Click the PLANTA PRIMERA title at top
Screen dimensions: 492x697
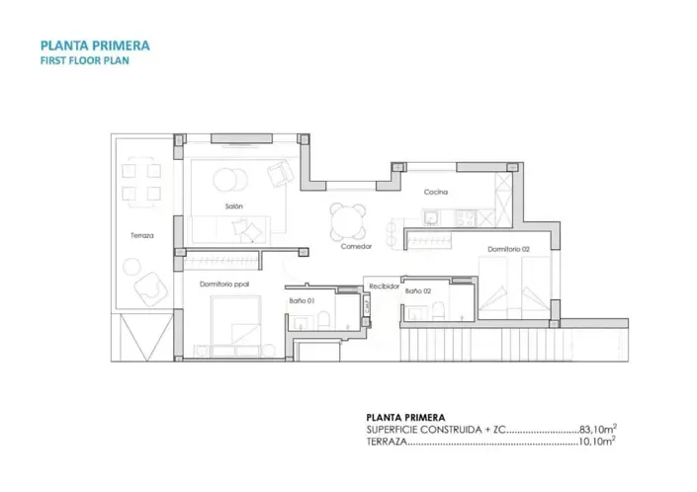(95, 44)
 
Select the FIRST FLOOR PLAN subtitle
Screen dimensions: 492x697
(84, 59)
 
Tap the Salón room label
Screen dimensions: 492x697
(233, 205)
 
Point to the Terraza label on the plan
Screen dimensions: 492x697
(141, 235)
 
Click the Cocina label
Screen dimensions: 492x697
(436, 192)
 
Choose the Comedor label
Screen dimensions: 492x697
(356, 246)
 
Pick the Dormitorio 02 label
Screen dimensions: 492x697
(508, 249)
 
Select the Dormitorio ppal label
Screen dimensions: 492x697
(222, 284)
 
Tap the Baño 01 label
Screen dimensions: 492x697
(302, 300)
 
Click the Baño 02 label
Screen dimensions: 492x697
(418, 291)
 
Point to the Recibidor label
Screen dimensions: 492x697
(384, 285)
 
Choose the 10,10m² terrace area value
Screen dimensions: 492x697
(598, 442)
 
